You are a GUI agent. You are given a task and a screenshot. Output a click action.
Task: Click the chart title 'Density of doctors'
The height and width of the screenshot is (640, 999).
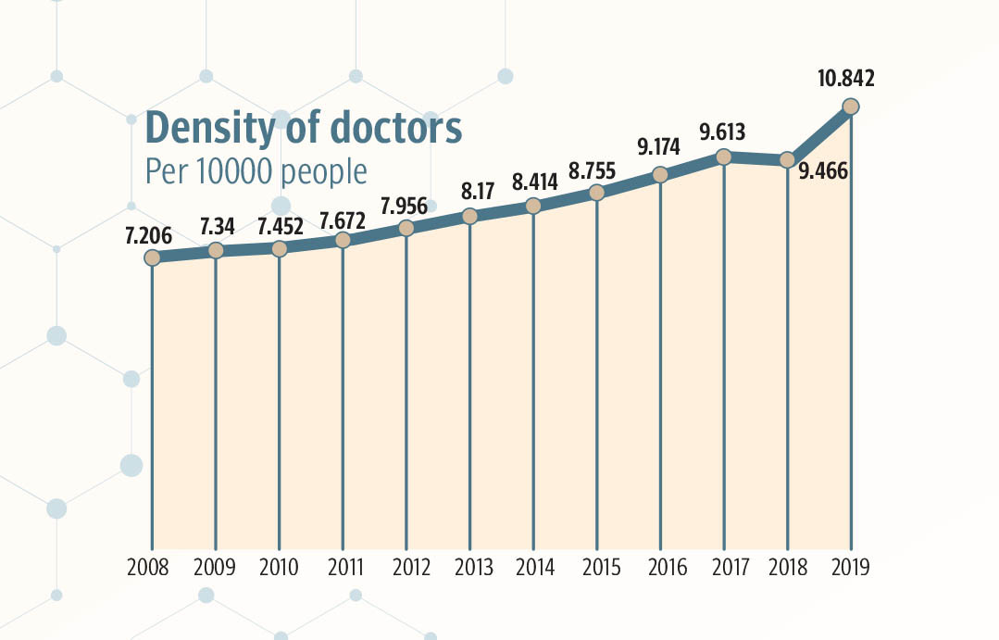pos(303,128)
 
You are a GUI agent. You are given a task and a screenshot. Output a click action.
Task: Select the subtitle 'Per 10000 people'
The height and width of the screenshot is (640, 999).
pos(256,172)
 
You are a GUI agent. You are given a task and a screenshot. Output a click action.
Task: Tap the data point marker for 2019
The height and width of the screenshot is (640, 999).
pos(851,107)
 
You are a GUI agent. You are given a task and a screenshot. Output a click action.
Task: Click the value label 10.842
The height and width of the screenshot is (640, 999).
pos(844,80)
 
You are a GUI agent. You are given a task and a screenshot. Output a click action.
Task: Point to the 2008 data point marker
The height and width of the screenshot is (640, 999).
pos(153,257)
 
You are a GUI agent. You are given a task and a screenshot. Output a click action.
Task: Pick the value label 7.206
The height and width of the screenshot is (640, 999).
pos(149,235)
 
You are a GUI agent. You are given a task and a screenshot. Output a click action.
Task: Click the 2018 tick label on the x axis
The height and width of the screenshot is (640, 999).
pos(787,567)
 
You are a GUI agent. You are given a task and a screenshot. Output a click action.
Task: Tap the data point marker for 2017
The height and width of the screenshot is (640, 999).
pos(724,157)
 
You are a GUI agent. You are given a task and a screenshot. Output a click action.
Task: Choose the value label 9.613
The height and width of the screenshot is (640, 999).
pos(722,132)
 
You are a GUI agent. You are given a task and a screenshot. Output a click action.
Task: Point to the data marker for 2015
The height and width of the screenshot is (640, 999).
pos(597,193)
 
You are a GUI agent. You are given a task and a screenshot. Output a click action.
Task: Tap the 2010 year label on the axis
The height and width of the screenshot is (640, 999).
pos(279,567)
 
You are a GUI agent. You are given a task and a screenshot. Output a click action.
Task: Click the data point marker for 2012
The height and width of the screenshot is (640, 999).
pos(406,228)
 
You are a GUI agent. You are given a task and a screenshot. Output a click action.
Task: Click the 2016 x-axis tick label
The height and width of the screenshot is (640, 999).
pos(660,567)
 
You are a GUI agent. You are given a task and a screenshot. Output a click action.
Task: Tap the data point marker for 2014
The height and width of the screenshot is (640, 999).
pos(533,206)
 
